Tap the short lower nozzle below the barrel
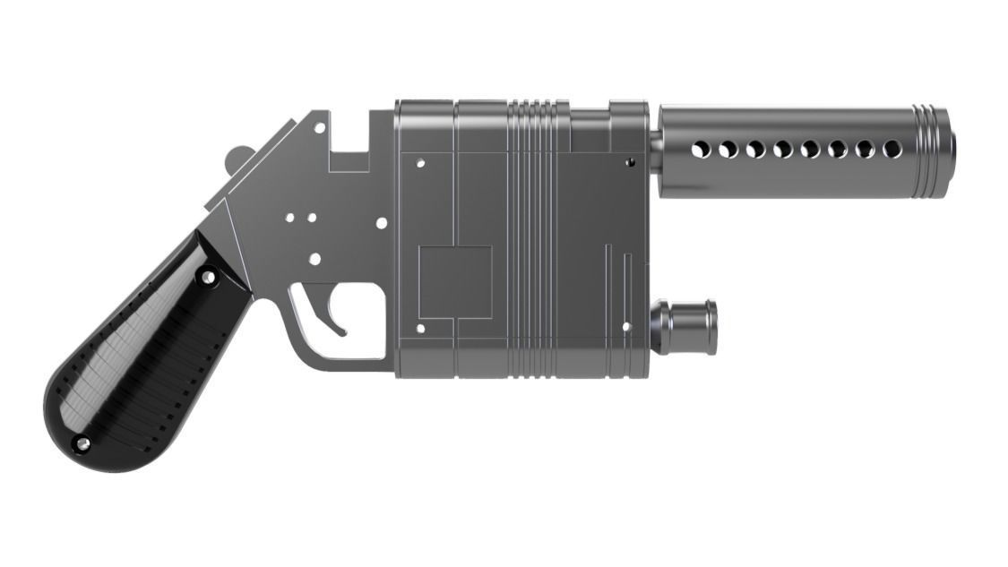pyautogui.click(x=686, y=327)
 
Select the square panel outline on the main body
pyautogui.click(x=455, y=282)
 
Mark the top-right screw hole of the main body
pyautogui.click(x=630, y=162)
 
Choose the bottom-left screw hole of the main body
pyautogui.click(x=420, y=329)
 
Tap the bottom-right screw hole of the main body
pyautogui.click(x=626, y=327)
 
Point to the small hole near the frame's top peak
pyautogui.click(x=319, y=128)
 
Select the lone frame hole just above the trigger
pyautogui.click(x=314, y=259)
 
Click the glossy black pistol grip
pyautogui.click(x=143, y=358)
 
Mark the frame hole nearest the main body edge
pyautogui.click(x=382, y=222)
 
